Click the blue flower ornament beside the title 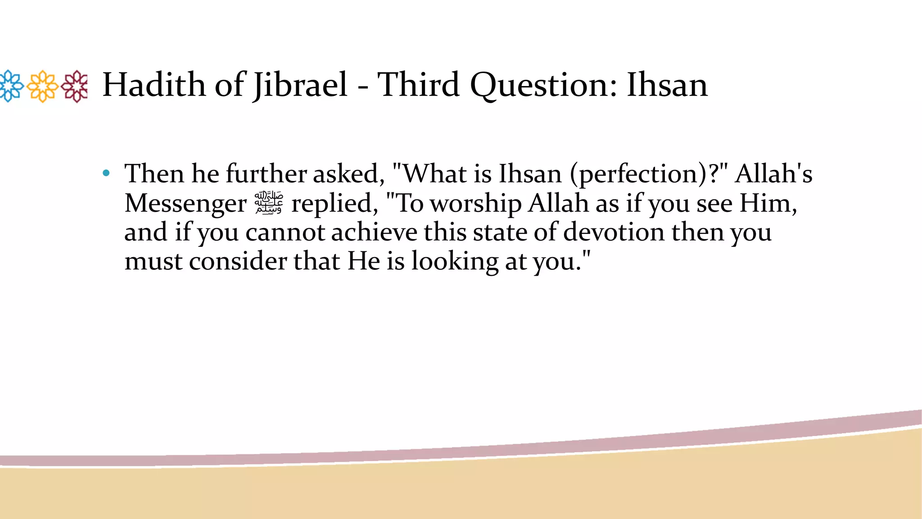(11, 86)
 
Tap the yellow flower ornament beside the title (43, 86)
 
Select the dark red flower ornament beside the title (75, 86)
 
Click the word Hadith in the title (153, 85)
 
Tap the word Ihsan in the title (667, 85)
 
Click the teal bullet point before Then (106, 173)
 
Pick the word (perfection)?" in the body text (648, 174)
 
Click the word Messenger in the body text (185, 203)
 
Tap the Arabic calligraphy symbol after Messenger (269, 203)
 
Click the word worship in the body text (476, 203)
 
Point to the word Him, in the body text (768, 203)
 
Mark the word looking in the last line (455, 262)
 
